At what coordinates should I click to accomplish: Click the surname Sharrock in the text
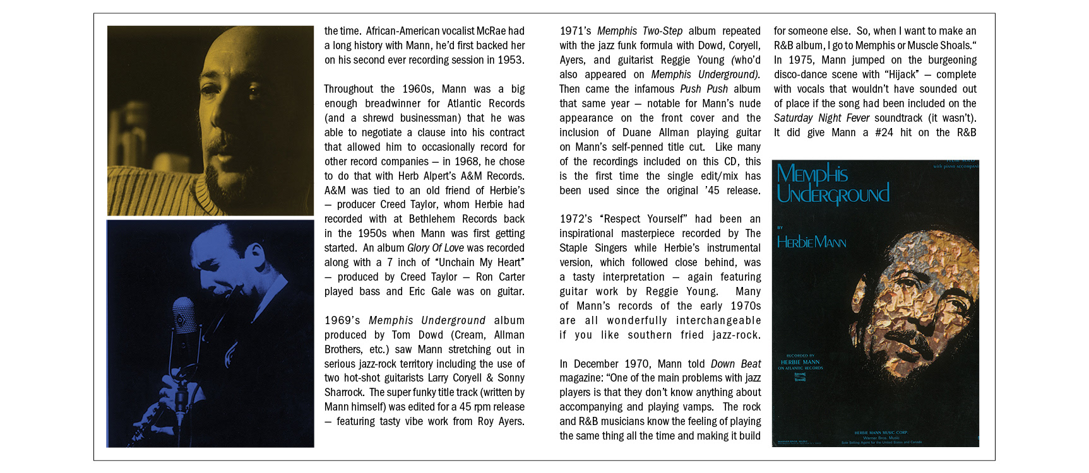pyautogui.click(x=344, y=392)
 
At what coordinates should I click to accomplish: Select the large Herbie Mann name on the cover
pyautogui.click(x=811, y=242)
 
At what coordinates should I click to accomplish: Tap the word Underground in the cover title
pyautogui.click(x=833, y=194)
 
